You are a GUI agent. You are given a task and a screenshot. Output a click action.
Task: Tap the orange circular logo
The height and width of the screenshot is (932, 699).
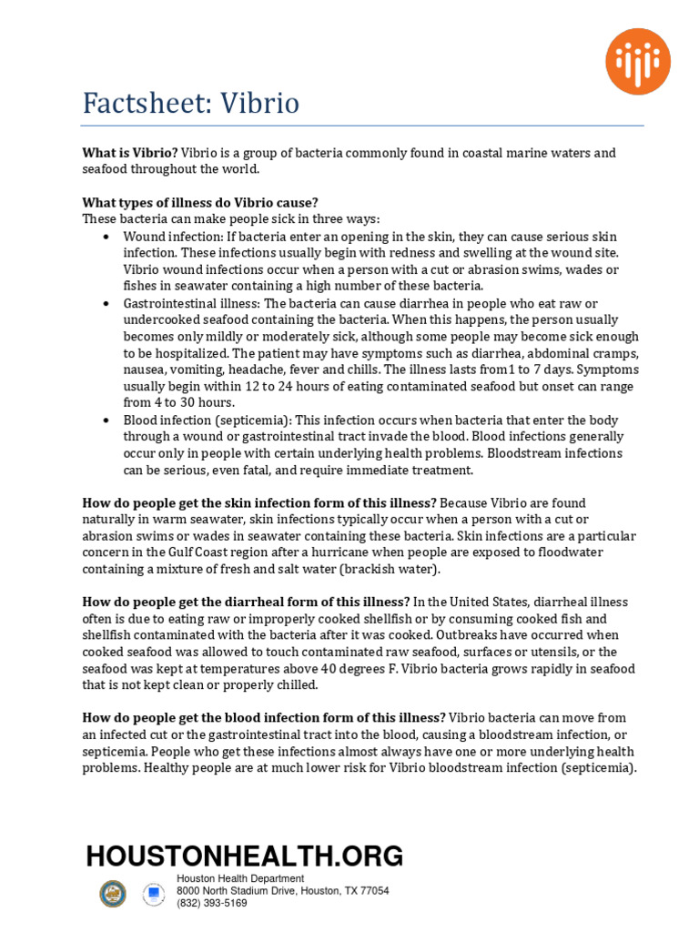[x=638, y=62]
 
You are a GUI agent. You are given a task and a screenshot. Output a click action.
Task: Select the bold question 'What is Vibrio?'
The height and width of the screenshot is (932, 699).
[x=130, y=153]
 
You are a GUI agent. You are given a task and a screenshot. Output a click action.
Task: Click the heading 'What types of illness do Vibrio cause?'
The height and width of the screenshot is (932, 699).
[x=200, y=202]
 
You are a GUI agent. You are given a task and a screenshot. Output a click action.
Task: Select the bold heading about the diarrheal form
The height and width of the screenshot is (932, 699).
[x=246, y=602]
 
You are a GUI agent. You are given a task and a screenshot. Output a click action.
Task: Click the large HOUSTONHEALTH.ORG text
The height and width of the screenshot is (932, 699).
[x=244, y=856]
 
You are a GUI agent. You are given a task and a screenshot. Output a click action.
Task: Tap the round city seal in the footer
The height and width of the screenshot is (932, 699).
[x=113, y=894]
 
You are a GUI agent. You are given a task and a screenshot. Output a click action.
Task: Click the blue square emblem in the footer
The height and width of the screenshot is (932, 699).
[x=155, y=894]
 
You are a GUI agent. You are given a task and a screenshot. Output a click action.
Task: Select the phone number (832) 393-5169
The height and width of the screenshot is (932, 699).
[x=211, y=904]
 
